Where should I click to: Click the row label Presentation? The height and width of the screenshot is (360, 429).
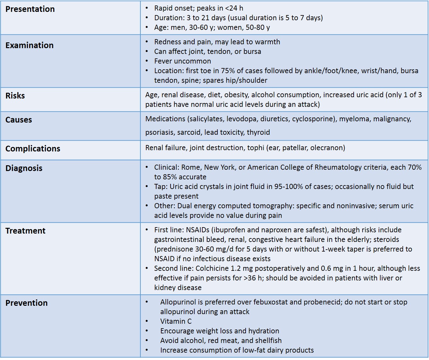tap(30, 9)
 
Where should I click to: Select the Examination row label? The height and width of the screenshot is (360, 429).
tap(29, 45)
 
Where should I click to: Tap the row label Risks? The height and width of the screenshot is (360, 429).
tap(15, 96)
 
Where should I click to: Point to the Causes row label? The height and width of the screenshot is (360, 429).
tap(19, 120)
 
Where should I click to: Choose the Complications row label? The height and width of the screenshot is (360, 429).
tap(33, 149)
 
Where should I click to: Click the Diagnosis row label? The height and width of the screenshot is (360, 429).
tap(24, 168)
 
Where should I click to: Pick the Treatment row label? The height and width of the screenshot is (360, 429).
tap(25, 231)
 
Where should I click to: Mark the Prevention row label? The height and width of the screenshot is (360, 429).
tap(26, 303)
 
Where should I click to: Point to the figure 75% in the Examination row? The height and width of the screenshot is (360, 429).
tap(228, 71)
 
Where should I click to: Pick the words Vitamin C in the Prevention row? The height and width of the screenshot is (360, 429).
tap(176, 321)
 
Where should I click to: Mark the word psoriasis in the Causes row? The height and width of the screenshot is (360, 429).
tap(159, 132)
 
